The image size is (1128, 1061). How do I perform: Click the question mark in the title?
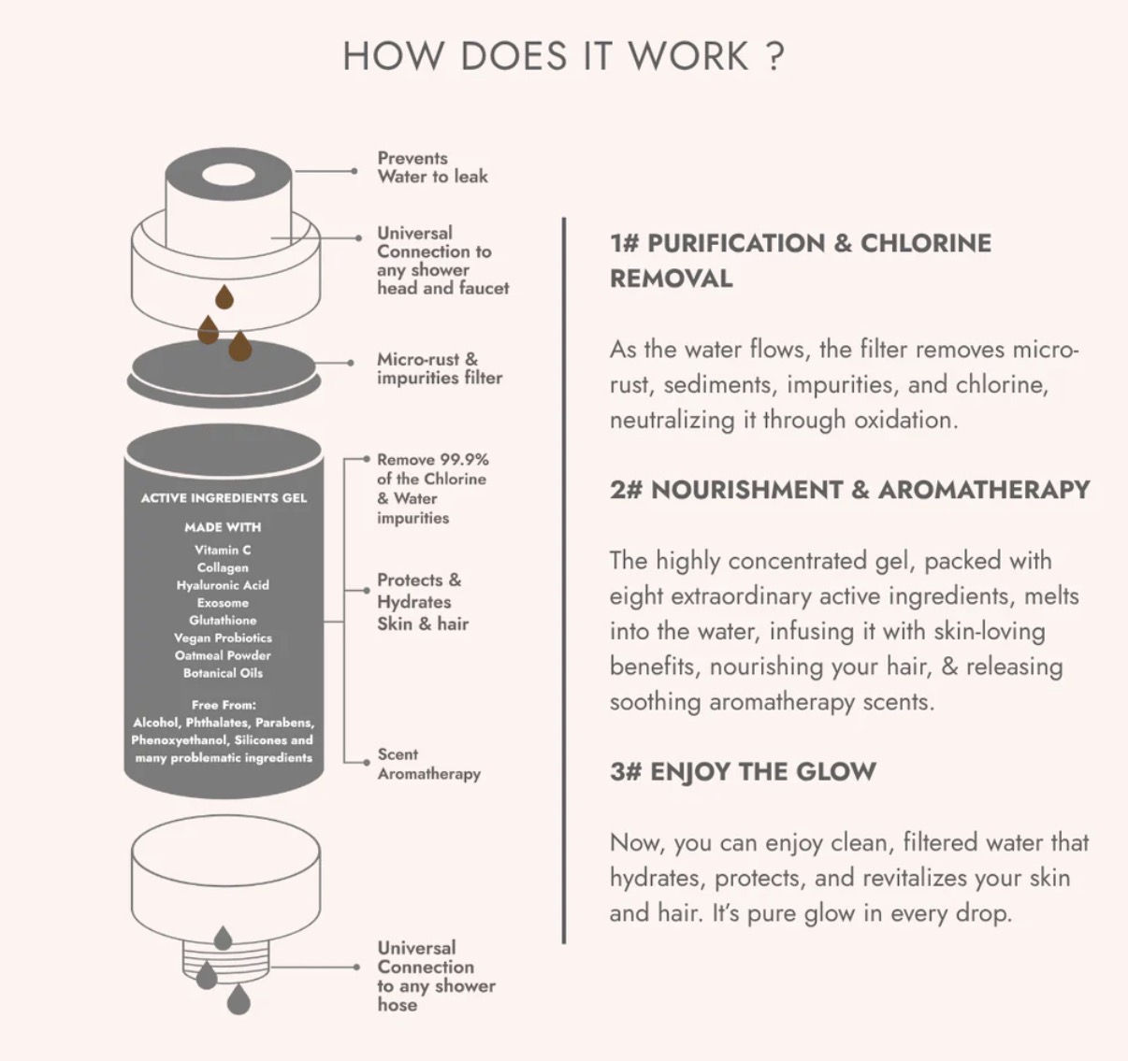tap(774, 56)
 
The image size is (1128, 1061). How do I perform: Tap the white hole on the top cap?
tap(228, 176)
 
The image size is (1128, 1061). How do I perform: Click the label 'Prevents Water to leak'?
tap(432, 167)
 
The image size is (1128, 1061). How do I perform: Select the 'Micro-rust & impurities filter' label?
tap(440, 368)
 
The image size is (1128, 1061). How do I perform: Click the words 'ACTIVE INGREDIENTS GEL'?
tap(224, 498)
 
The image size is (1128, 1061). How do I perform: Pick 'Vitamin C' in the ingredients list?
tap(223, 550)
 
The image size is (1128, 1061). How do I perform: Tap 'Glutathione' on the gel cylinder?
tap(223, 620)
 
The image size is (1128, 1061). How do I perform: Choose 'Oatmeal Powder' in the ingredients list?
tap(223, 655)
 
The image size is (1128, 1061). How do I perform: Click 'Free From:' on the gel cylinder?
tap(224, 705)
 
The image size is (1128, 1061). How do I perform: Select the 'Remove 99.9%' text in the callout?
tap(433, 459)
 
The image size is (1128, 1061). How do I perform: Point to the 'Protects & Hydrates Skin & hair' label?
tap(423, 602)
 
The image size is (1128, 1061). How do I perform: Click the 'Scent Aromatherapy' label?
tap(428, 764)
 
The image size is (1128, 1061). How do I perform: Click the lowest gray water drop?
tap(239, 999)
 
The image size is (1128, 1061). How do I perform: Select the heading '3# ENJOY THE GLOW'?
tap(743, 771)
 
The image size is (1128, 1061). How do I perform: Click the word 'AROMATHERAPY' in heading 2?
tap(984, 489)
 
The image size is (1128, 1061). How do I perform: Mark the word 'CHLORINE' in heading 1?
tap(926, 243)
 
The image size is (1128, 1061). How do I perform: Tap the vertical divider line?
tap(563, 581)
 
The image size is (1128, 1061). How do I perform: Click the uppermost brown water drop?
tap(224, 297)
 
